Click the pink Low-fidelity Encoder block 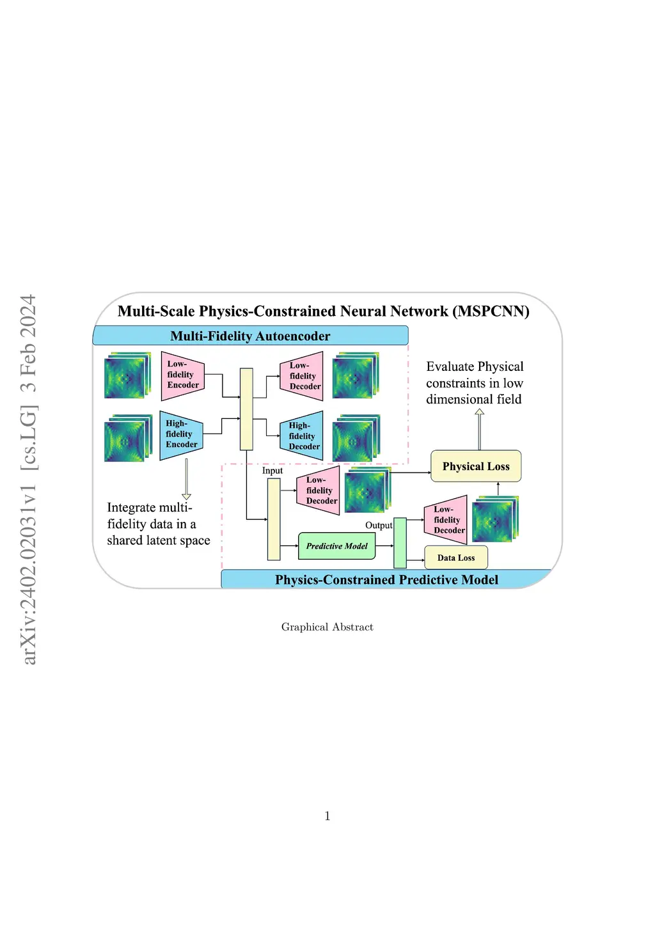182,375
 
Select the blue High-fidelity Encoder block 181,435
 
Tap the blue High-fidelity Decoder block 302,436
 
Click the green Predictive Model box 336,546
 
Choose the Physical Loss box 476,466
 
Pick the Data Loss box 456,558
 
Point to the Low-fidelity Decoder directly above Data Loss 446,520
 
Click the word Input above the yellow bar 272,471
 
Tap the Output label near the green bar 379,526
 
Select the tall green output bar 400,543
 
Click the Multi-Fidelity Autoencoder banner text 250,336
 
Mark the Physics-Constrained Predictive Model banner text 386,580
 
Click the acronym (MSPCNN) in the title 491,311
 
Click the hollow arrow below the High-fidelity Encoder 186,479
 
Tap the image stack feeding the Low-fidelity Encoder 127,376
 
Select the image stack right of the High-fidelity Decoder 356,439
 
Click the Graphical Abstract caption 327,627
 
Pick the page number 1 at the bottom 327,816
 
